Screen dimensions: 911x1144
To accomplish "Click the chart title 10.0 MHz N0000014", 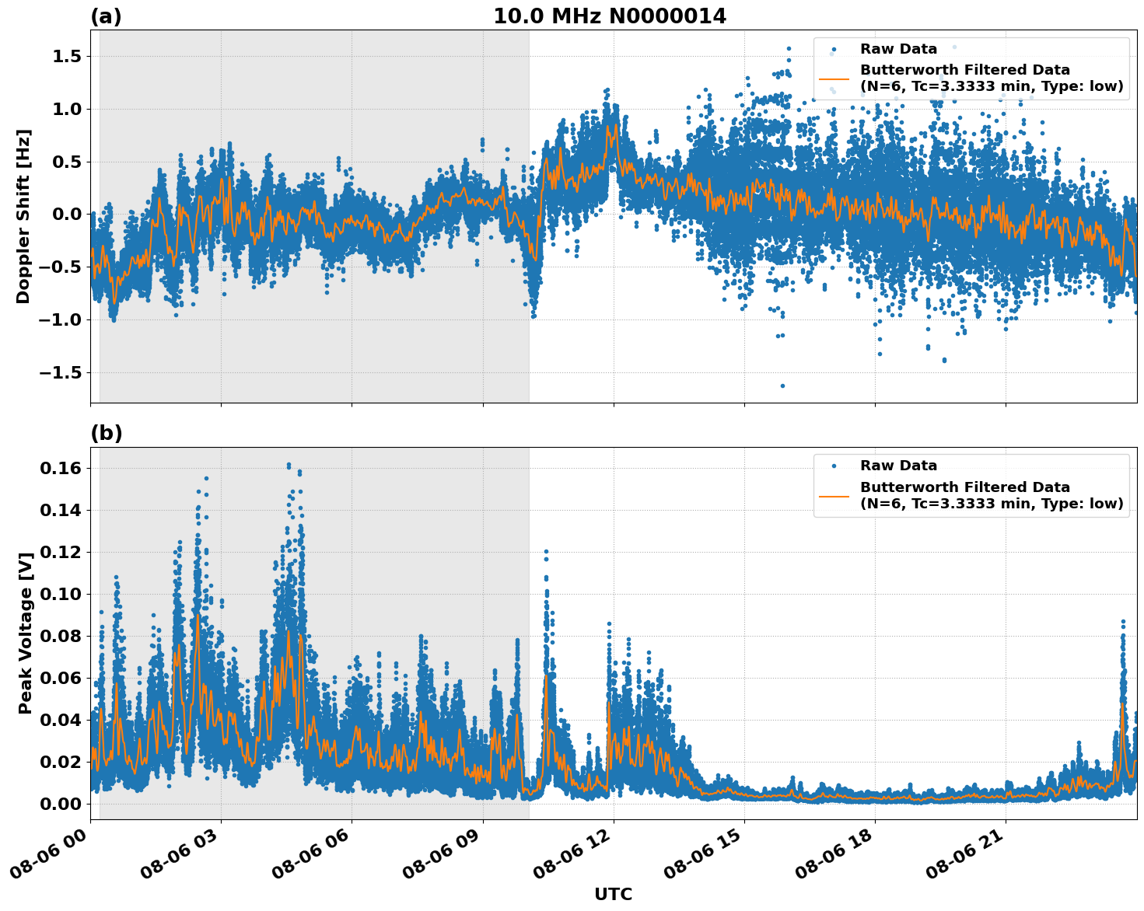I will (x=609, y=16).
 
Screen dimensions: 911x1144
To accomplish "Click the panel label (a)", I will (x=106, y=16).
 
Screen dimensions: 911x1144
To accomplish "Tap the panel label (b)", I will (x=106, y=433).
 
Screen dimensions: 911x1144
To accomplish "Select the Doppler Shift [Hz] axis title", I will (x=23, y=216).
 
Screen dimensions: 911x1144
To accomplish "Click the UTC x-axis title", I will (x=613, y=895).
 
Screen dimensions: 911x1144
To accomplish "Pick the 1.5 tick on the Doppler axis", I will (x=68, y=57).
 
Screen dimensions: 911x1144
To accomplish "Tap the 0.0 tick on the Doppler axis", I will (x=68, y=215).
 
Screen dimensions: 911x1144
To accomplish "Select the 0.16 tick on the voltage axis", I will (x=61, y=468).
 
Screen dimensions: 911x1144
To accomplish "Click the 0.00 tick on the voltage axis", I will (x=61, y=804).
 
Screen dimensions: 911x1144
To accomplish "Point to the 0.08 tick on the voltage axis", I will (x=61, y=636).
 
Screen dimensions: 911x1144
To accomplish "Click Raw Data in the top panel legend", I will (x=898, y=49).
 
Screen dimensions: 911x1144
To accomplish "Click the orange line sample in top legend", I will (x=834, y=79).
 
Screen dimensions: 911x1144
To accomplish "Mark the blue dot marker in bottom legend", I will (x=834, y=466).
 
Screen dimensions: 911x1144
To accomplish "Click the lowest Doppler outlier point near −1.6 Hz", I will (x=782, y=386).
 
